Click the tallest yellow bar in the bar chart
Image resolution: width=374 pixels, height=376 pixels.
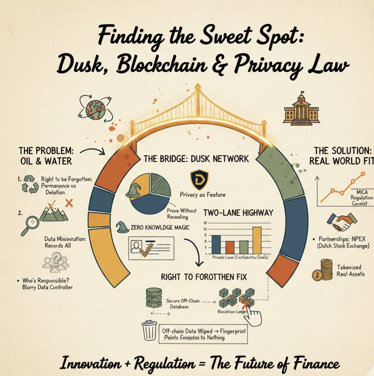pos(257,239)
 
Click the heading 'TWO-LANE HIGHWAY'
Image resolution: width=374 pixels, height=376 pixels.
pos(238,213)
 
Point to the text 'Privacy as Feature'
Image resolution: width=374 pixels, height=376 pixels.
pos(202,195)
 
